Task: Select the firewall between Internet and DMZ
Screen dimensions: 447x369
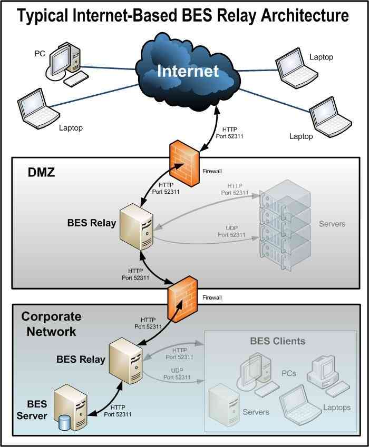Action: coord(184,165)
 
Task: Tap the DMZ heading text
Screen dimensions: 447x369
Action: coord(41,172)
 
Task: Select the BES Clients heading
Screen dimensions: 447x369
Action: coord(277,341)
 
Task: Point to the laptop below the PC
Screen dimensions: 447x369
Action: coord(37,107)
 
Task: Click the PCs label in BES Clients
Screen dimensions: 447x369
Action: coord(288,373)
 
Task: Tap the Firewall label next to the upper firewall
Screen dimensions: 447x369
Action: coord(213,172)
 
